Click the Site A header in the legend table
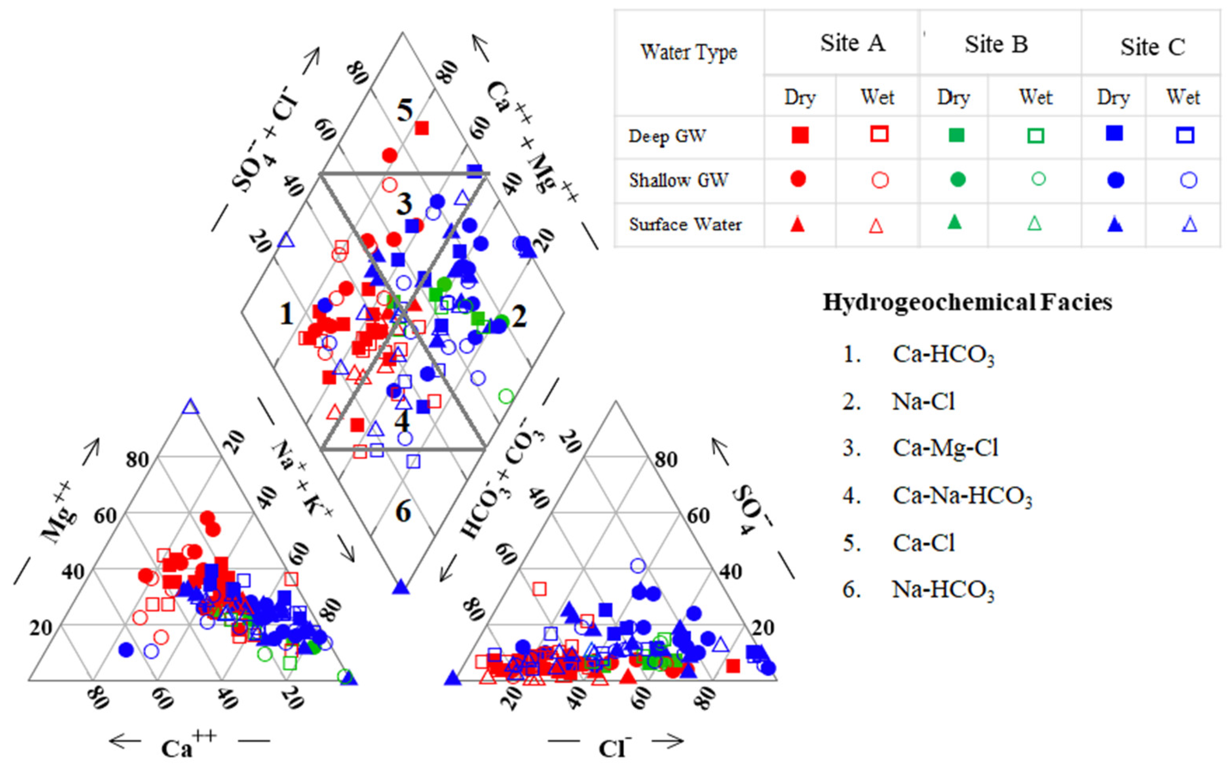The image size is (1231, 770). click(852, 43)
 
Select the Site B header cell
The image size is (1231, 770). click(996, 45)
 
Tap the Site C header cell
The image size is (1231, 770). click(1152, 47)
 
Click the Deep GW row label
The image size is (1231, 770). click(667, 136)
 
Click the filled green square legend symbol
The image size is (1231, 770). click(956, 135)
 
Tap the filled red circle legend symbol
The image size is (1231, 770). click(798, 179)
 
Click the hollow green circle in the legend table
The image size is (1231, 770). click(1038, 179)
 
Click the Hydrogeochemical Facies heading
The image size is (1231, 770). click(967, 302)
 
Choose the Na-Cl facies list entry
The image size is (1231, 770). click(923, 402)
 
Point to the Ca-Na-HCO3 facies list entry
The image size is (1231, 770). click(961, 495)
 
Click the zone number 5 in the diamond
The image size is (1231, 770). click(405, 110)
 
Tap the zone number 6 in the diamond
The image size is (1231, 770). click(403, 511)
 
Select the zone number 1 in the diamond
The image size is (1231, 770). click(286, 314)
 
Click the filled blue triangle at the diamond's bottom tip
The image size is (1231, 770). click(401, 587)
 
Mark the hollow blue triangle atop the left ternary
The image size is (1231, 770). click(190, 407)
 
